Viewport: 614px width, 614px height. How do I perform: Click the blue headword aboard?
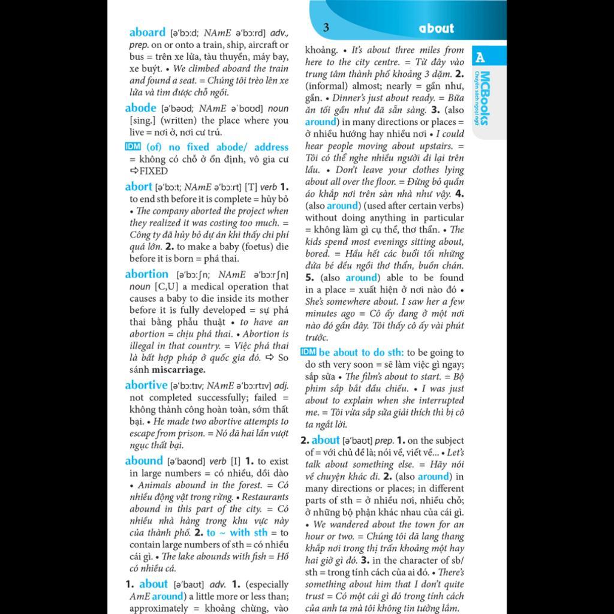[147, 32]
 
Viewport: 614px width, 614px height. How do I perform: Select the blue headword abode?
[140, 108]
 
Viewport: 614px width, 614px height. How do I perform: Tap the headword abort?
[139, 186]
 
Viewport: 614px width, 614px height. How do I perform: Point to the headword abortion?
[146, 274]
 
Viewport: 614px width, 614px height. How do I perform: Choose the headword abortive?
[146, 385]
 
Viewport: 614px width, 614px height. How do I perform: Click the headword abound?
[144, 460]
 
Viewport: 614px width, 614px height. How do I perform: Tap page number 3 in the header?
[326, 27]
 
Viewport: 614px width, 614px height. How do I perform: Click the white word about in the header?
[437, 28]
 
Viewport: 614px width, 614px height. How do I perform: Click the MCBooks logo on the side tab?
[484, 99]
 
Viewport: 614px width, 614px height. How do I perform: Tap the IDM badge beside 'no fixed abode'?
[133, 147]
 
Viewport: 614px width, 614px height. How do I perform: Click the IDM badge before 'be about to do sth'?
[308, 352]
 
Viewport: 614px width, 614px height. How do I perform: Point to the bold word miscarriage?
[178, 370]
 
